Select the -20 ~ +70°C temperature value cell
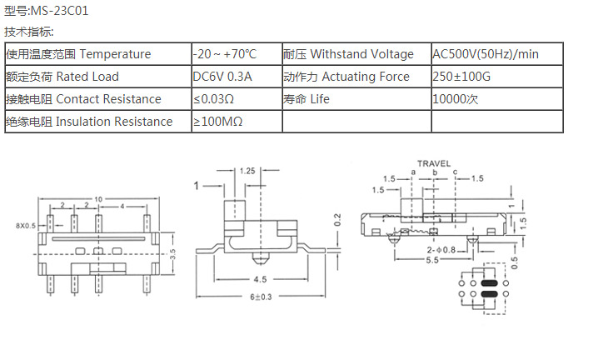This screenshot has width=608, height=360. (x=225, y=54)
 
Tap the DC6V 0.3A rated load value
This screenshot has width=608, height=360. (x=222, y=77)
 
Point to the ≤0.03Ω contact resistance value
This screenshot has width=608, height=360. (x=213, y=99)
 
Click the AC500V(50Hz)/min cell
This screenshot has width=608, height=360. (x=486, y=54)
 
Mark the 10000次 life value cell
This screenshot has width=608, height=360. (x=456, y=99)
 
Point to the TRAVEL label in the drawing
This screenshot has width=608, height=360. (x=433, y=163)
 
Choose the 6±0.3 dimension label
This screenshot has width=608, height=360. (x=262, y=298)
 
